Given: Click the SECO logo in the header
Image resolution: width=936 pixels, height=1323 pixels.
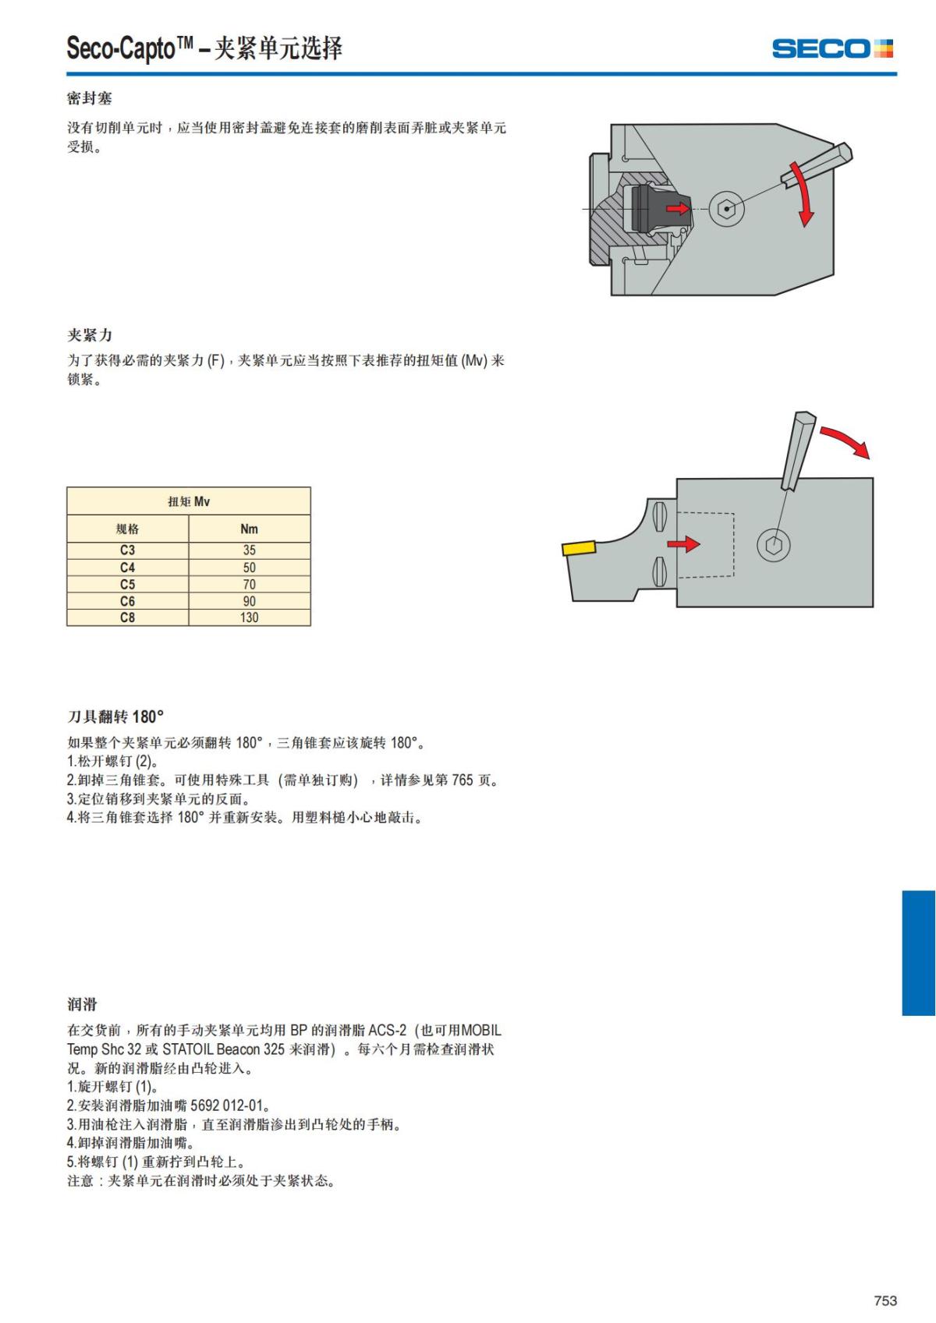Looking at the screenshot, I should pyautogui.click(x=832, y=48).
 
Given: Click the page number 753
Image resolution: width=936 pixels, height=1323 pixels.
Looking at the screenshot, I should pyautogui.click(x=885, y=1300).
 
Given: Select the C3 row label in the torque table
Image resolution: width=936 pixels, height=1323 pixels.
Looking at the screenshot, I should pyautogui.click(x=127, y=550).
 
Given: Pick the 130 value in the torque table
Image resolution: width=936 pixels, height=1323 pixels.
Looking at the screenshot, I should pyautogui.click(x=249, y=617).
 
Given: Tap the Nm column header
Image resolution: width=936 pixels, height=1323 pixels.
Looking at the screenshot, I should pyautogui.click(x=249, y=529).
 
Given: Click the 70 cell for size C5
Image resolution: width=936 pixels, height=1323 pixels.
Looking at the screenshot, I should pyautogui.click(x=249, y=584).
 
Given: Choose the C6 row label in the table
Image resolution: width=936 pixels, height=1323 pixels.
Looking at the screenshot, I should pyautogui.click(x=127, y=601).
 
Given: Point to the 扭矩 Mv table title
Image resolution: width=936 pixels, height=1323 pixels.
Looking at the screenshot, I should pyautogui.click(x=189, y=501).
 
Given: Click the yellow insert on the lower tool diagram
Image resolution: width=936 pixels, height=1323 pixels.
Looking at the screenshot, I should pyautogui.click(x=578, y=547).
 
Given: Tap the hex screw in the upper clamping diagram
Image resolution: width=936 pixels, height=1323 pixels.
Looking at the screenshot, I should pyautogui.click(x=726, y=209).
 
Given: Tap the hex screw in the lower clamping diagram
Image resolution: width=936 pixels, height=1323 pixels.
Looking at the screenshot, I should pyautogui.click(x=772, y=545).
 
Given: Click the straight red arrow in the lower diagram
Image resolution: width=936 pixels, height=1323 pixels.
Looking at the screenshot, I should pyautogui.click(x=683, y=543).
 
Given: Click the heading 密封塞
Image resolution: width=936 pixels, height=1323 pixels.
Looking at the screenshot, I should pyautogui.click(x=89, y=98).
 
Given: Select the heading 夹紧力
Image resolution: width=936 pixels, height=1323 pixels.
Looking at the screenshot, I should pyautogui.click(x=89, y=335).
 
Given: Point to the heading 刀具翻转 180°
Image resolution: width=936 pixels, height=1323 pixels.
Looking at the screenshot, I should pyautogui.click(x=115, y=716).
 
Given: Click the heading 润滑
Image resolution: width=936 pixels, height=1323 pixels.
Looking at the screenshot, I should pyautogui.click(x=82, y=1004).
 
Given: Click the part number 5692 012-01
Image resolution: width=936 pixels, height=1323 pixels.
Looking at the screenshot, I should pyautogui.click(x=227, y=1105).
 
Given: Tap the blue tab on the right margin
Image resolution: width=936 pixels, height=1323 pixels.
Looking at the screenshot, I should pyautogui.click(x=918, y=953).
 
